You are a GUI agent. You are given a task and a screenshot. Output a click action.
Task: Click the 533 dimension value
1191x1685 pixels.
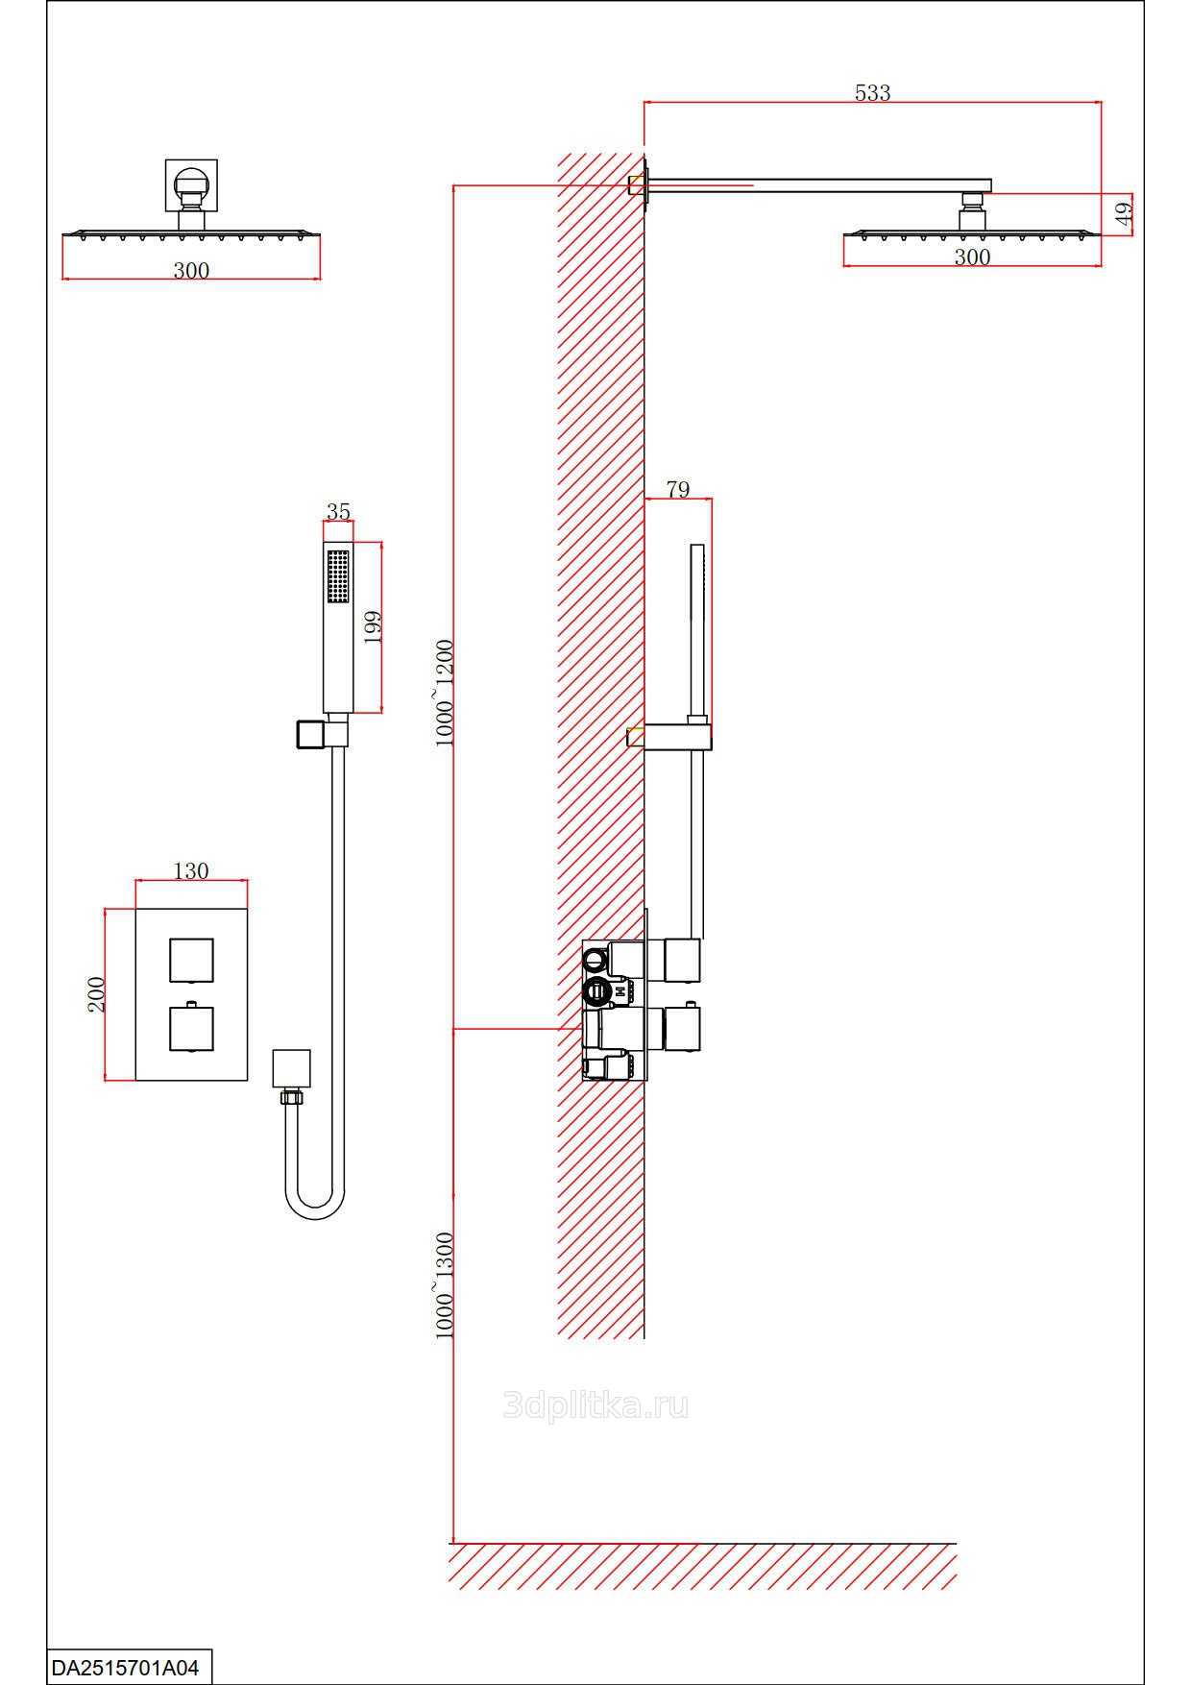(872, 92)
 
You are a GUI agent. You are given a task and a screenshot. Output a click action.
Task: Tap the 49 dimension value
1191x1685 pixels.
(1125, 212)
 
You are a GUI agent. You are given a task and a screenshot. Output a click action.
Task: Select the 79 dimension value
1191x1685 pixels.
(677, 489)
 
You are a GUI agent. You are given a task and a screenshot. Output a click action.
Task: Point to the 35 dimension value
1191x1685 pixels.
(338, 512)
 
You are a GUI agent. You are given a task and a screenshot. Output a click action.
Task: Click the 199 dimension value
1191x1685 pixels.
(373, 626)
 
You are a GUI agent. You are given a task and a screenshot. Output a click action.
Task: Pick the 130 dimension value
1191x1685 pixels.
(190, 870)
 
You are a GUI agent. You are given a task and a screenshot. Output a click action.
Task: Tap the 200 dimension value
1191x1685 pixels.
(96, 994)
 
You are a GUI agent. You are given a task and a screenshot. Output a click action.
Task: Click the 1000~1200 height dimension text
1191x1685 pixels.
(444, 692)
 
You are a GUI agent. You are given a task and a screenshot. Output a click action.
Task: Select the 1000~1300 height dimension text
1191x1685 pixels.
(444, 1285)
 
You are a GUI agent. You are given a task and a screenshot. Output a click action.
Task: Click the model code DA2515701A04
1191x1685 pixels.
(125, 1668)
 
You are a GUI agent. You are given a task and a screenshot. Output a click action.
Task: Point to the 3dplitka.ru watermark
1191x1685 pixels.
(595, 1406)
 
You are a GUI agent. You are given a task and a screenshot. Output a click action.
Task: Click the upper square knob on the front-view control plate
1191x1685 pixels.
(191, 960)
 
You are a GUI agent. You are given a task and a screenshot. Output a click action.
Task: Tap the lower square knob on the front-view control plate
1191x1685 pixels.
(191, 1028)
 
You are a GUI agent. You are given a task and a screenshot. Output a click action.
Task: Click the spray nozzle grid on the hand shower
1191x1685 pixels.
(337, 576)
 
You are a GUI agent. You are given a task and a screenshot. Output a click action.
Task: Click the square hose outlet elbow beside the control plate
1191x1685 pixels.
(291, 1068)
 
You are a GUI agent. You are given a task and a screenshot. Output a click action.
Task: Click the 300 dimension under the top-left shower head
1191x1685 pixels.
(191, 271)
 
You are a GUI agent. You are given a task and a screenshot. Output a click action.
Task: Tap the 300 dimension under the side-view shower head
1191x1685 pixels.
(972, 256)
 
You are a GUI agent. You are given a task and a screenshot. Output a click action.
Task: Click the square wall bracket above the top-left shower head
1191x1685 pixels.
(191, 184)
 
